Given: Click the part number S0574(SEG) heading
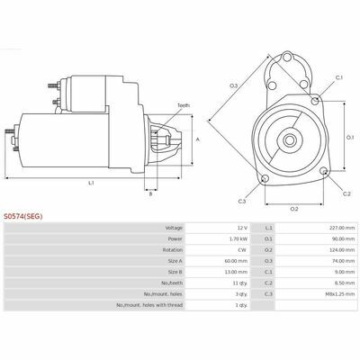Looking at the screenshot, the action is pyautogui.click(x=23, y=216).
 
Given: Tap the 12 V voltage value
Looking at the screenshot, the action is pyautogui.click(x=242, y=228).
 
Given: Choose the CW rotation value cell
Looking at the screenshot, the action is pyautogui.click(x=243, y=250).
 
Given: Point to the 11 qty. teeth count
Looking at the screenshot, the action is pyautogui.click(x=241, y=283).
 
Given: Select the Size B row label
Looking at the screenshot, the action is pyautogui.click(x=175, y=272).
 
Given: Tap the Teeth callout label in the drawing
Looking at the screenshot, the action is pyautogui.click(x=184, y=105).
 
